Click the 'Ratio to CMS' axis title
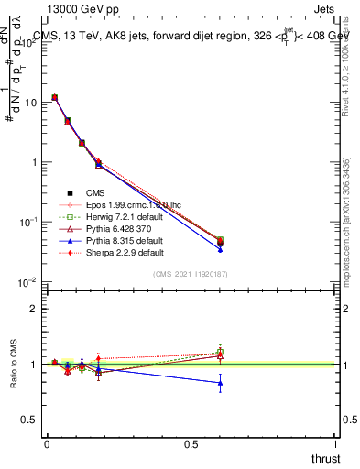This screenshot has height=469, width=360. click(15, 365)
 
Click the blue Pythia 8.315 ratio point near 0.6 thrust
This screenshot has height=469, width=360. click(219, 383)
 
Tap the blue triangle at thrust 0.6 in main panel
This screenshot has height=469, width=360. click(219, 249)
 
